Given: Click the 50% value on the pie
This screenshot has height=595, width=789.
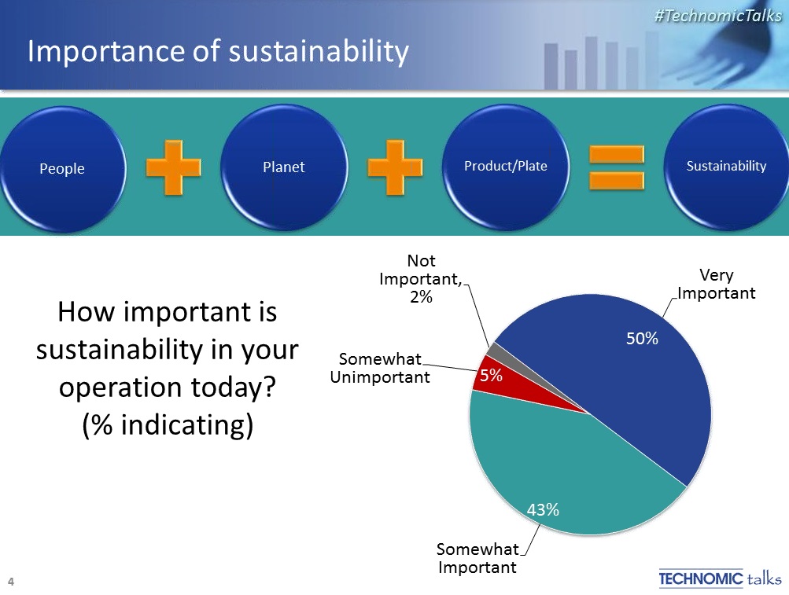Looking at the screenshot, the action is (642, 339).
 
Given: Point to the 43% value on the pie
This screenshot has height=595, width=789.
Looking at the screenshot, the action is (543, 510).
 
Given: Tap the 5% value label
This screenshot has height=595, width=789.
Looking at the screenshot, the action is (491, 375).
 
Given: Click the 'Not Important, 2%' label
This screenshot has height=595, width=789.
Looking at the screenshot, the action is (421, 279).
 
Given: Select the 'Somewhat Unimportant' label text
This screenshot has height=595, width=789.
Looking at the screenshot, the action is (380, 368).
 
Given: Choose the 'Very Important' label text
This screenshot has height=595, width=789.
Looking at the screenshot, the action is (717, 285).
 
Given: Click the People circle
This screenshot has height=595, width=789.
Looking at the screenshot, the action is (62, 168).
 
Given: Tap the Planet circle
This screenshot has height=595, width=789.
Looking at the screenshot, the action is (284, 167).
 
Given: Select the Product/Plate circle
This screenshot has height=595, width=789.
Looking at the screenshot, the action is (506, 167).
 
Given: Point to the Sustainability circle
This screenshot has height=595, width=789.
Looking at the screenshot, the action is (727, 167).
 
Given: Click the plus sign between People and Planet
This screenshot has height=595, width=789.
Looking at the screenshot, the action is (173, 167).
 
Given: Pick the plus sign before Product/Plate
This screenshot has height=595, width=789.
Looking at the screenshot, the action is (395, 167).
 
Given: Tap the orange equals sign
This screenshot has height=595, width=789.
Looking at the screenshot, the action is (617, 167).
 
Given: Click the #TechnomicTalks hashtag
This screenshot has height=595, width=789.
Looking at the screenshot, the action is (718, 16).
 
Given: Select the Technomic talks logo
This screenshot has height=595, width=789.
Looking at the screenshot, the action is (720, 578).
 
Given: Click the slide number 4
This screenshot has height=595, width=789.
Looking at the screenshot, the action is (10, 582).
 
